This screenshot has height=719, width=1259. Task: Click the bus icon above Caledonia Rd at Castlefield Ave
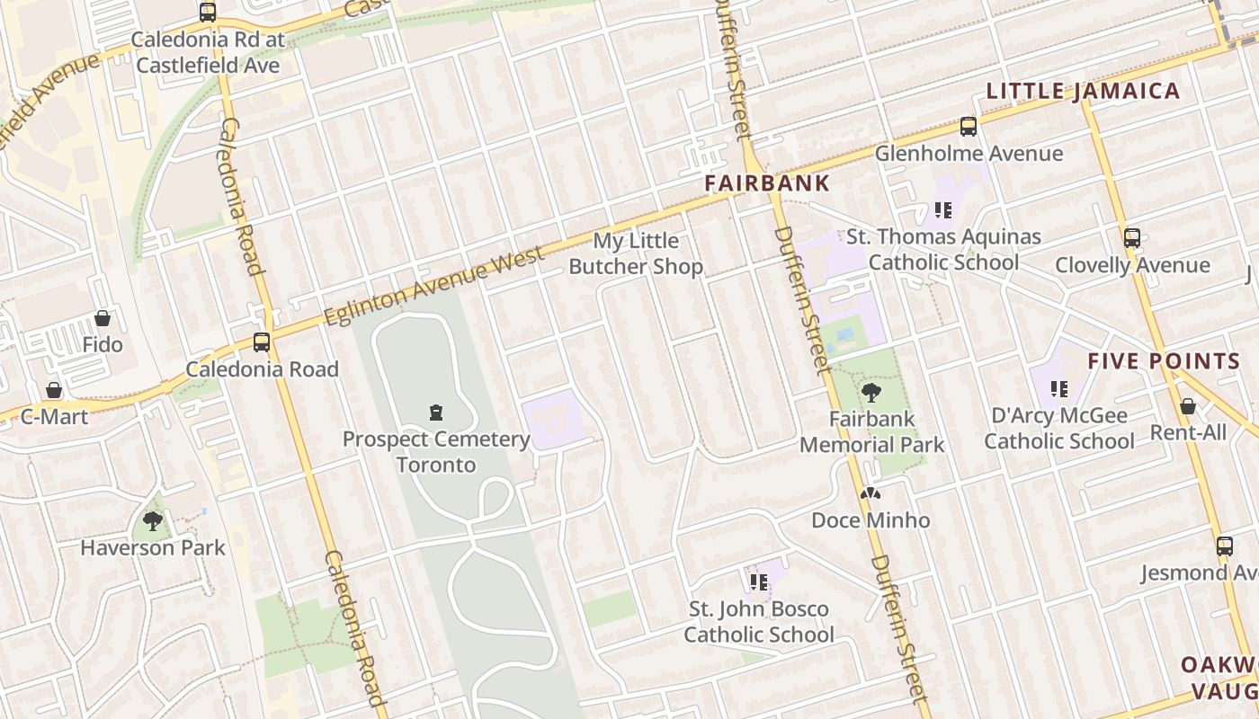click(x=208, y=13)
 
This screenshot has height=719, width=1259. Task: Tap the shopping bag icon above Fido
click(x=103, y=318)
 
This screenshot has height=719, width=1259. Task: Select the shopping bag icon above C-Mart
click(x=54, y=390)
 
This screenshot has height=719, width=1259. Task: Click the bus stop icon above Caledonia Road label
click(x=262, y=342)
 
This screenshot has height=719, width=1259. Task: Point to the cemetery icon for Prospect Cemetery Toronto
click(x=436, y=413)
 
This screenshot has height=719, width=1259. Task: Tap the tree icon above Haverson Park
click(x=153, y=520)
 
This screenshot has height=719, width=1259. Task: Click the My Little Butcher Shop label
click(x=636, y=253)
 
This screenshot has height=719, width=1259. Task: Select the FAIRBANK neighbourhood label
click(x=766, y=182)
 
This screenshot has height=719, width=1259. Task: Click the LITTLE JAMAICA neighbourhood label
click(x=1083, y=91)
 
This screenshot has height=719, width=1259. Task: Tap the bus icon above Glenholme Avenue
click(x=969, y=127)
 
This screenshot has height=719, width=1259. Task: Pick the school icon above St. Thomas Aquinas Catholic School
click(x=942, y=210)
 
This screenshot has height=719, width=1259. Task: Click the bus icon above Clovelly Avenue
click(x=1132, y=238)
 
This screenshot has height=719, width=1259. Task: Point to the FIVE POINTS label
click(x=1164, y=361)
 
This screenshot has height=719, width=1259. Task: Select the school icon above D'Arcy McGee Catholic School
click(x=1059, y=389)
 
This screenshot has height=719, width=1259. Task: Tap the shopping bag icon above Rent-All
click(x=1188, y=406)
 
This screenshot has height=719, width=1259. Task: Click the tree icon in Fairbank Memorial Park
click(x=871, y=392)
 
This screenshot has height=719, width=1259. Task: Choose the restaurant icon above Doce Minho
click(x=870, y=493)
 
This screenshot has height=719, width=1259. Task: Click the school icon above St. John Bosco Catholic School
click(x=759, y=582)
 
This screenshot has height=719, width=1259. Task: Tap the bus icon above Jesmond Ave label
click(x=1224, y=546)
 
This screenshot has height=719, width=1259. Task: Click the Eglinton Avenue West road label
click(x=434, y=287)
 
